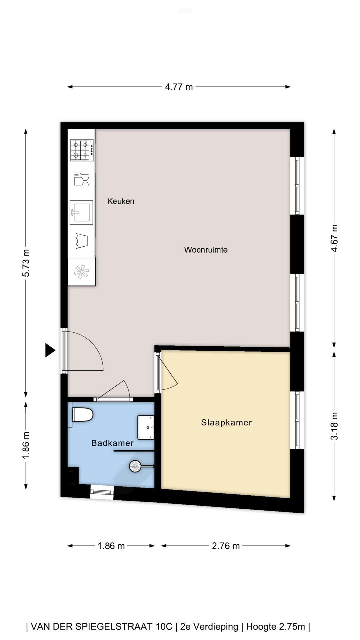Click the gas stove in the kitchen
click(82, 150)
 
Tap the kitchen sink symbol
click(81, 212)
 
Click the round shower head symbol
click(135, 466)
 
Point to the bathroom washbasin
click(146, 427)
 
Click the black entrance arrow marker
click(50, 350)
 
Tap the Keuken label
click(121, 201)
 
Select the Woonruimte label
click(206, 250)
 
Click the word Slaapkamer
click(226, 422)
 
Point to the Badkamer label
click(112, 443)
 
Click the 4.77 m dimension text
click(179, 87)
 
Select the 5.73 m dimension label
click(26, 263)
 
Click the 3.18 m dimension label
click(334, 426)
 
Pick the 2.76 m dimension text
click(226, 546)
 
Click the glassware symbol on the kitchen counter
click(81, 179)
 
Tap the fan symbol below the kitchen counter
click(81, 272)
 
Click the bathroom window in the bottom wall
click(102, 492)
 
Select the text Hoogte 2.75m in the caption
click(276, 627)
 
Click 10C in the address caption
click(164, 627)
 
